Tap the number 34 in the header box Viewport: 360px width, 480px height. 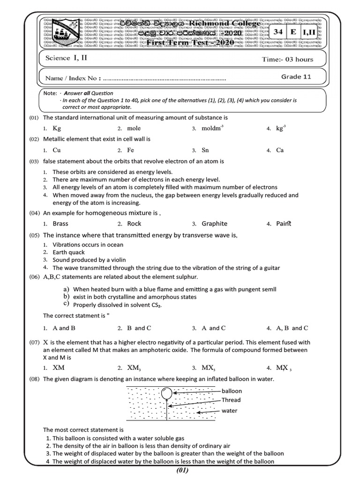click(279, 32)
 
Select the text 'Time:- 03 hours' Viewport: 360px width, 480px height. click(287, 60)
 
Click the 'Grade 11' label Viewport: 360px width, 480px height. click(296, 77)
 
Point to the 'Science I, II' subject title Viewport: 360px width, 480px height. click(66, 59)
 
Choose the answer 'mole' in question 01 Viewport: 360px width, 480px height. click(134, 128)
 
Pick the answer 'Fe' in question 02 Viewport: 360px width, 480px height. click(131, 150)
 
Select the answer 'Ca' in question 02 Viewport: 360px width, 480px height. click(280, 150)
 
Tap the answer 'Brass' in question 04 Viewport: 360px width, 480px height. click(60, 224)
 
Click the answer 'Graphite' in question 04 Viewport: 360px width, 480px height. click(214, 224)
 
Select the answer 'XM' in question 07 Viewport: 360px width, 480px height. click(59, 367)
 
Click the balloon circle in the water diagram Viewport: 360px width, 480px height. click(167, 392)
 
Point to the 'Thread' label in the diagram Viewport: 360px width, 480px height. click(231, 400)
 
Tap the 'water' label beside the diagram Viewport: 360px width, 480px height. click(230, 411)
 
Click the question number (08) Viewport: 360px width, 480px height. click(34, 379)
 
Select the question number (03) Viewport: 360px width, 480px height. click(34, 161)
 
